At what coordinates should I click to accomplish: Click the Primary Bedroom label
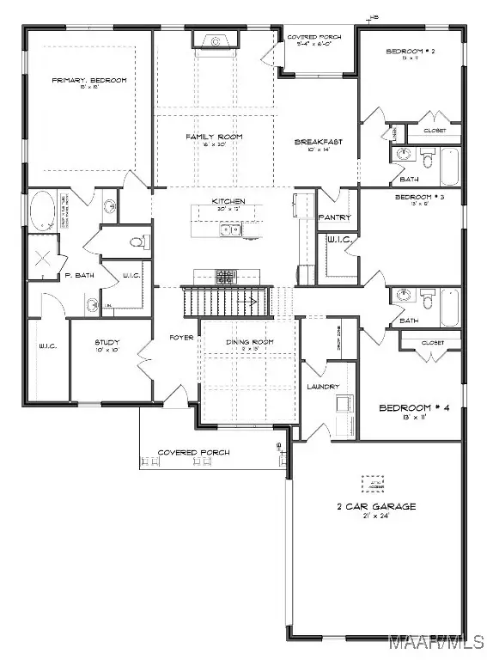click(x=89, y=80)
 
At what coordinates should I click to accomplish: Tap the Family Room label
click(x=215, y=137)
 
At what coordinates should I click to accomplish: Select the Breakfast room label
click(x=313, y=142)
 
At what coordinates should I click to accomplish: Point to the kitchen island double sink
click(x=230, y=229)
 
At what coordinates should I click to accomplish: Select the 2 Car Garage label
click(x=374, y=506)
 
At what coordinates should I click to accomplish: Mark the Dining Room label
click(x=249, y=342)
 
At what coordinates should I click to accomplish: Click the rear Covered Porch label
click(x=314, y=38)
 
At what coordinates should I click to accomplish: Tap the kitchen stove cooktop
click(x=224, y=277)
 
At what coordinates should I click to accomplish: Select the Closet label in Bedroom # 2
click(x=435, y=131)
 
